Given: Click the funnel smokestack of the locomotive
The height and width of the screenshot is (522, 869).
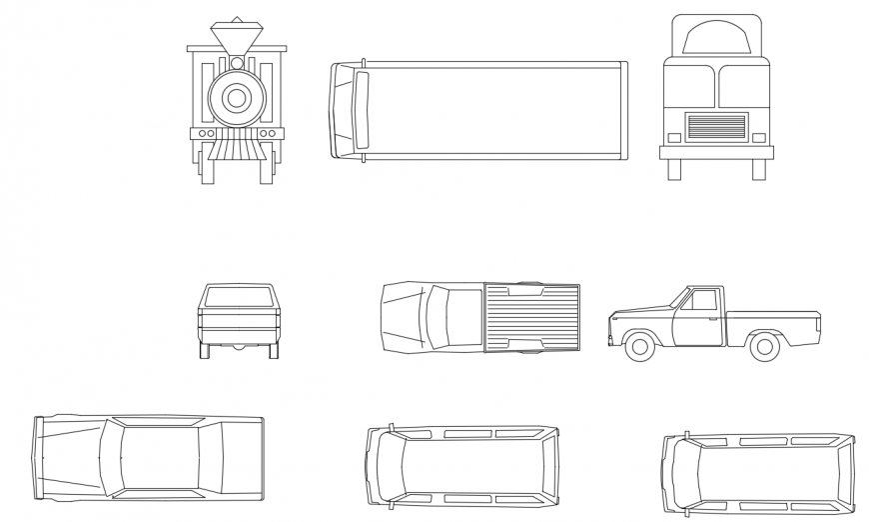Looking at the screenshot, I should [237, 39].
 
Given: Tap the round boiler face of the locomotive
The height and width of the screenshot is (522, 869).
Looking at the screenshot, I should [237, 98].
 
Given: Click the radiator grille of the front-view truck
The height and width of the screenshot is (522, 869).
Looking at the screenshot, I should [716, 127].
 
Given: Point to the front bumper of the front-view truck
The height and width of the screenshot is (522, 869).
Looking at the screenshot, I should [716, 152].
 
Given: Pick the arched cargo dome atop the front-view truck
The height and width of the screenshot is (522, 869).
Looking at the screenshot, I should [715, 39].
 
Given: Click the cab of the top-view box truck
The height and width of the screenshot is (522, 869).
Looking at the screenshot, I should [347, 110].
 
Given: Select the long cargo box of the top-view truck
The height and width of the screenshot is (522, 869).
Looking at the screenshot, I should [494, 110].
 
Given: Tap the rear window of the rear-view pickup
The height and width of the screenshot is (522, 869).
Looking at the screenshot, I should [239, 296].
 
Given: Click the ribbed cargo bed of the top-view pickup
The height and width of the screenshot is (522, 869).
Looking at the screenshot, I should [531, 317].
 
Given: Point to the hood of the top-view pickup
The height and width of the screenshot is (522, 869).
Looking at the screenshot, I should [402, 317].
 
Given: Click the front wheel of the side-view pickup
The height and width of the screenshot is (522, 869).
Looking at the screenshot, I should [638, 347].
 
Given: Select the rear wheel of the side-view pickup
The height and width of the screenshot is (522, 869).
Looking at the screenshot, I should [764, 347].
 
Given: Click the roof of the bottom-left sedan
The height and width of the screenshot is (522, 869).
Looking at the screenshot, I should [160, 457].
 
